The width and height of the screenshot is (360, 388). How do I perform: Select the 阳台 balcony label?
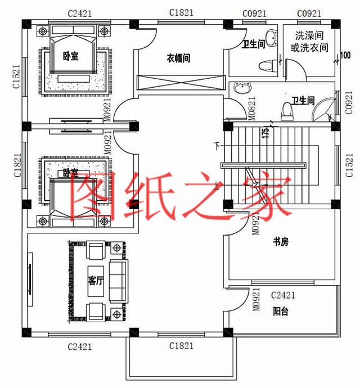tap(281, 311)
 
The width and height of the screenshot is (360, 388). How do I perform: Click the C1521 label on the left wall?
tap(17, 78)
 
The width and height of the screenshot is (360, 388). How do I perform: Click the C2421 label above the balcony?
tap(283, 295)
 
